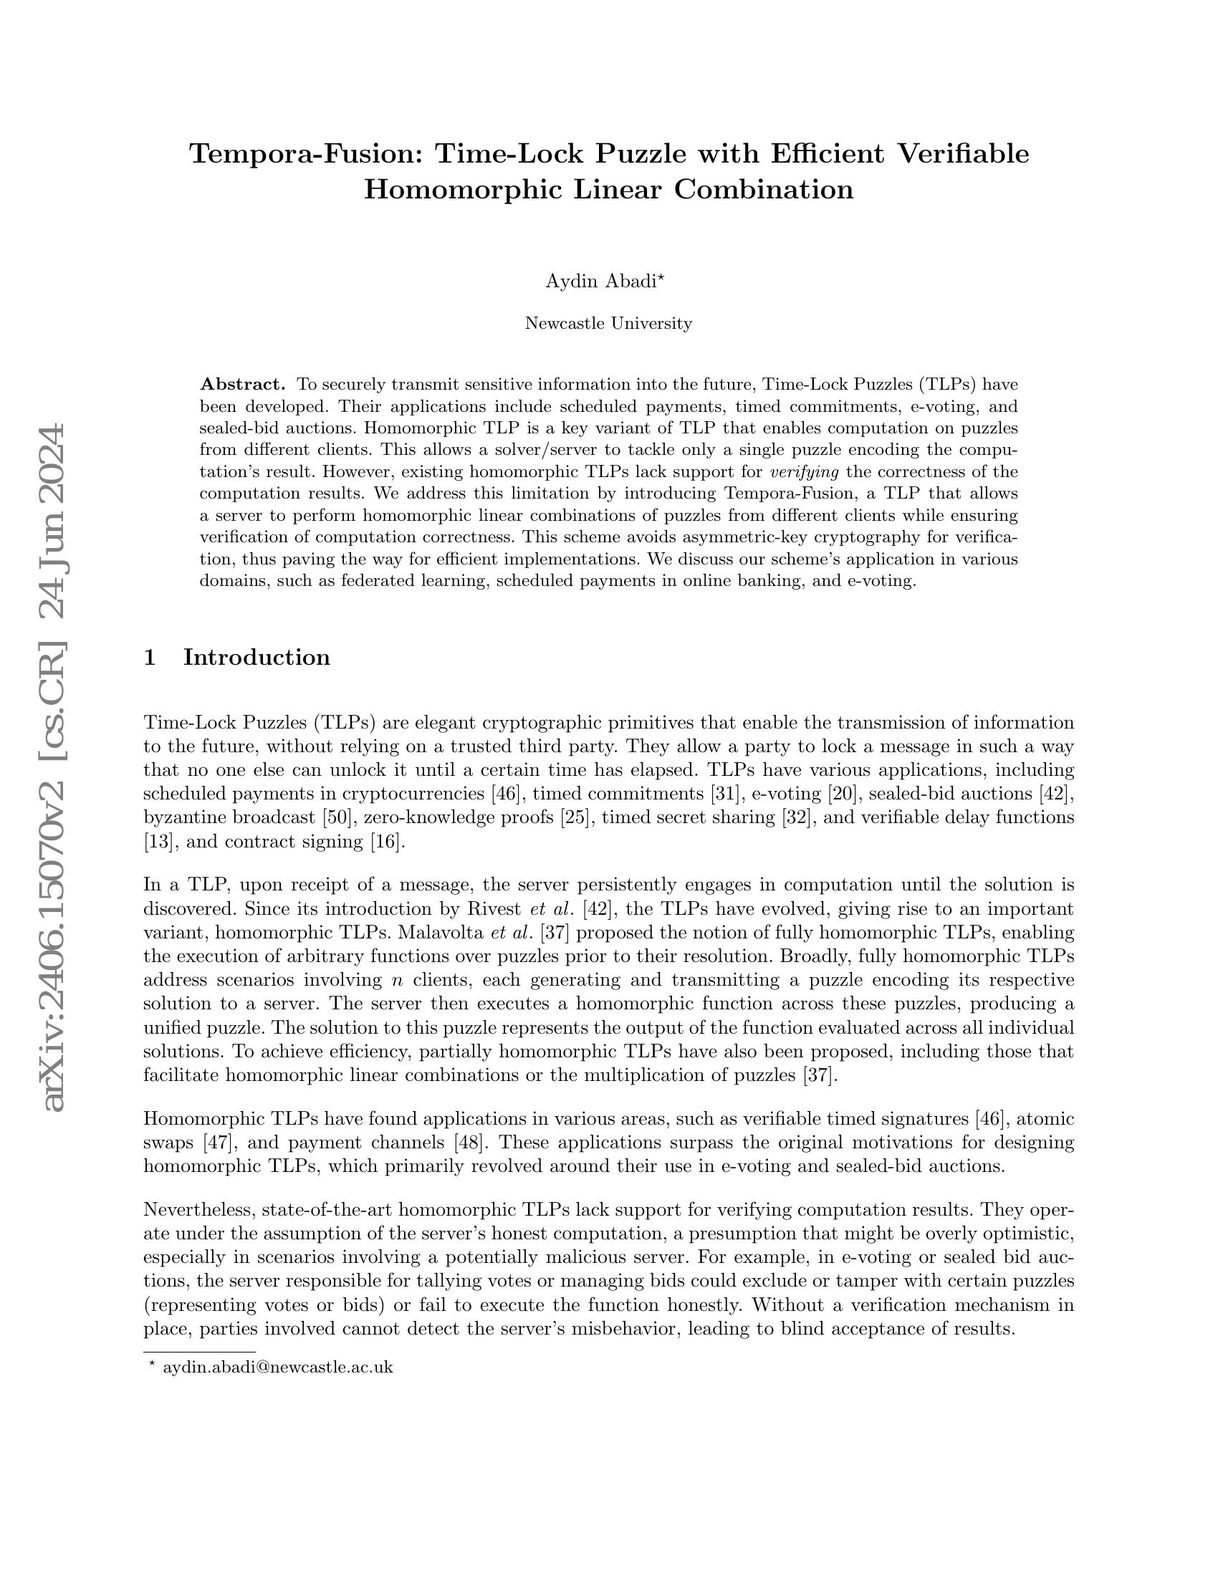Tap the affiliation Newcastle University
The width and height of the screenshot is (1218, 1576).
[x=608, y=323]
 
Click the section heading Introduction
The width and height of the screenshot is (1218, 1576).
[x=256, y=658]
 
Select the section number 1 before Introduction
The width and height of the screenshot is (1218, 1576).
[x=150, y=658]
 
